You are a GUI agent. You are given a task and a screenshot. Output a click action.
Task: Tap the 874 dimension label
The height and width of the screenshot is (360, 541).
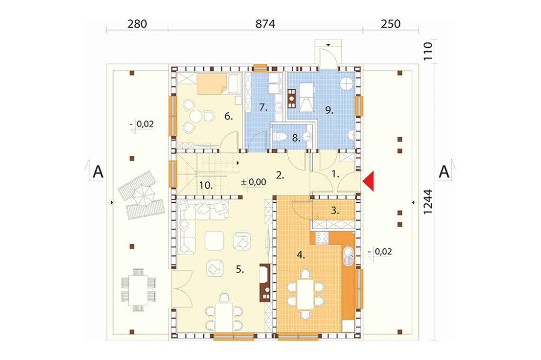pyautogui.click(x=265, y=24)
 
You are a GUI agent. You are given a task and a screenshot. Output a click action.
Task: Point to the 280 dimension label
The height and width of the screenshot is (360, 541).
pyautogui.click(x=137, y=24)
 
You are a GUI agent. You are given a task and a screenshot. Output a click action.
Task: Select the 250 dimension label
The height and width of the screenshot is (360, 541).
pyautogui.click(x=391, y=24)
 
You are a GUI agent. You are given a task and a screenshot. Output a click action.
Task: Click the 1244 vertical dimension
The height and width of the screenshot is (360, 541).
pyautogui.click(x=428, y=202)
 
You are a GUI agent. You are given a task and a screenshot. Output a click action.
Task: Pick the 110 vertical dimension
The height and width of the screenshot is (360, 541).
pyautogui.click(x=428, y=51)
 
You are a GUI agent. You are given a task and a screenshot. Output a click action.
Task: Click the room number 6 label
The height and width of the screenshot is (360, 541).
pyautogui.click(x=228, y=116)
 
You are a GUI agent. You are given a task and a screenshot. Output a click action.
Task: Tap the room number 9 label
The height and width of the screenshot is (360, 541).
pyautogui.click(x=329, y=110)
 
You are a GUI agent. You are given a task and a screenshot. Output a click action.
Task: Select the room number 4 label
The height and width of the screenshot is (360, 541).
pyautogui.click(x=301, y=255)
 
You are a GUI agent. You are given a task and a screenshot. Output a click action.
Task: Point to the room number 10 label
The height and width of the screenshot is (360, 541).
pyautogui.click(x=206, y=185)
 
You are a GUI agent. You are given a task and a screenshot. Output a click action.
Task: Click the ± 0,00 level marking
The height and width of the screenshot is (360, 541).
pyautogui.click(x=254, y=182)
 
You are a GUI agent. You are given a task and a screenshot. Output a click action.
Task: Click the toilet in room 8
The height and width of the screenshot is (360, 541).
pyautogui.click(x=280, y=137)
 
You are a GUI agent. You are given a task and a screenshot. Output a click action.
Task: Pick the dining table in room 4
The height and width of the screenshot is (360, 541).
pyautogui.click(x=305, y=294)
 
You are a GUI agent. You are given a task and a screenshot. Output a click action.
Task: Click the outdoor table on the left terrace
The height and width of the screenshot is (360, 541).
pyautogui.click(x=138, y=290)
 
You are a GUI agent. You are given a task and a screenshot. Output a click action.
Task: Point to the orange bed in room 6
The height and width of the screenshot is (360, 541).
pyautogui.click(x=211, y=84)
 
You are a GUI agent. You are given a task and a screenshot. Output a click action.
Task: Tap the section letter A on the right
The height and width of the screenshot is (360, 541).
pyautogui.click(x=444, y=172)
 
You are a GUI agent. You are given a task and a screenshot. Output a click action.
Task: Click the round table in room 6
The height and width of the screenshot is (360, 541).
pyautogui.click(x=197, y=116)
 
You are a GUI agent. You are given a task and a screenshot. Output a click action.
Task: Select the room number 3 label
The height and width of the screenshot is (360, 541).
pyautogui.click(x=335, y=211)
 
